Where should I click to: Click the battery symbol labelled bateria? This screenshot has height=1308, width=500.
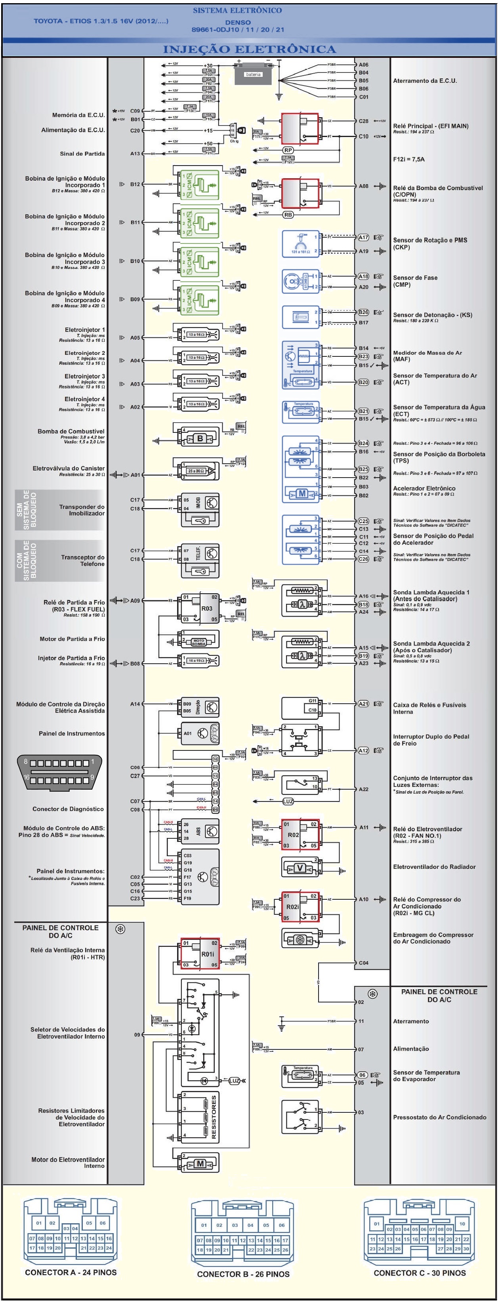(x=253, y=74)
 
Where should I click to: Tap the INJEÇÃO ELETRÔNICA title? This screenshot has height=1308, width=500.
(x=249, y=49)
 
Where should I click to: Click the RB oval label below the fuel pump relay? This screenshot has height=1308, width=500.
(x=288, y=215)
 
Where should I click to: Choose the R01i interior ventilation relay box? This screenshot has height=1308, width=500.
(x=200, y=954)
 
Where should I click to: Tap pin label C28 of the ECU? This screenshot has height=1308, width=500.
(x=363, y=121)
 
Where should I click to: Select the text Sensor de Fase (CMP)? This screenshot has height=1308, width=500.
(x=415, y=281)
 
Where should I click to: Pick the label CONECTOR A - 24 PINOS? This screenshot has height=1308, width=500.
(x=71, y=1272)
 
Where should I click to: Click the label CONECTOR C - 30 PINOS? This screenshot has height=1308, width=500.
(x=420, y=1273)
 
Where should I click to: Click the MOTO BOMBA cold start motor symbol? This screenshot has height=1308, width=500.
(x=198, y=642)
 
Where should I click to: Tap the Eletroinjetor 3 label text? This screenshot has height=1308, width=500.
(x=84, y=376)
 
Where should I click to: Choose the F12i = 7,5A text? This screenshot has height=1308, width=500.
(x=408, y=159)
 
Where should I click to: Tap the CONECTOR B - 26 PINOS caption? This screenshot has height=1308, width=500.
(x=243, y=1274)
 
